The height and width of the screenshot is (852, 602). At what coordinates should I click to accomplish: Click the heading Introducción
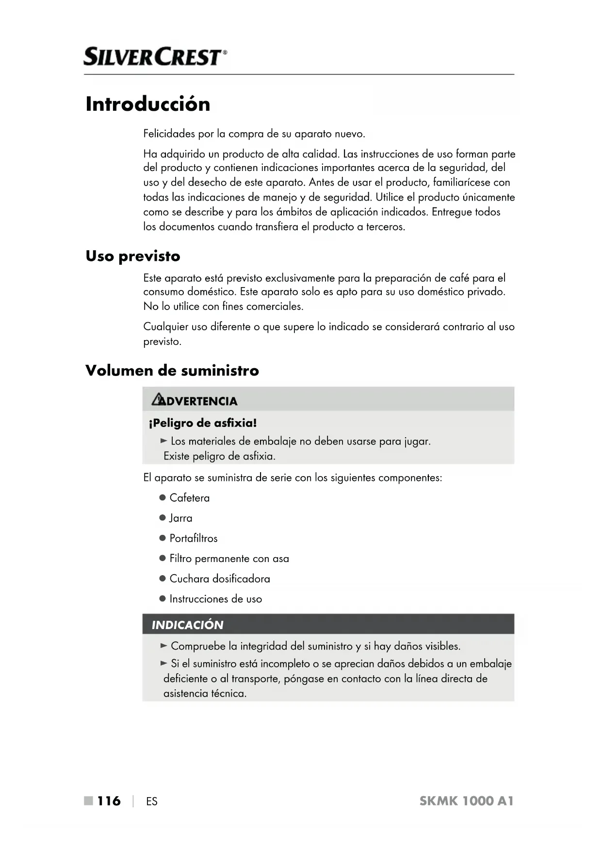pyautogui.click(x=148, y=104)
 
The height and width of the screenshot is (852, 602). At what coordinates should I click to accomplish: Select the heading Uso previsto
pyautogui.click(x=133, y=256)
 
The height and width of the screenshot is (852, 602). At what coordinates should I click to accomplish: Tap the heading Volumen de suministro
pyautogui.click(x=172, y=371)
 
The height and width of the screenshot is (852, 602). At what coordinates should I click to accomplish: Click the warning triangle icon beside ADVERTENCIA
pyautogui.click(x=158, y=400)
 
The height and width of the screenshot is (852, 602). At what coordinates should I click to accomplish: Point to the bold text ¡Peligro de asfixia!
pyautogui.click(x=203, y=423)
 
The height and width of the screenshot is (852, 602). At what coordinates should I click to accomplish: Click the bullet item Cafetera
pyautogui.click(x=189, y=498)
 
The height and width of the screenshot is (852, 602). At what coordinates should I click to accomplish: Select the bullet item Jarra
pyautogui.click(x=180, y=518)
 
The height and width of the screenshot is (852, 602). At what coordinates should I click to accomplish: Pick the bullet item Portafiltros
pyautogui.click(x=193, y=538)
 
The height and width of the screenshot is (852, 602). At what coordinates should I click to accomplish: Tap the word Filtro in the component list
pyautogui.click(x=180, y=559)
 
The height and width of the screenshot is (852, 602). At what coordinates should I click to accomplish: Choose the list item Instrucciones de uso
pyautogui.click(x=215, y=599)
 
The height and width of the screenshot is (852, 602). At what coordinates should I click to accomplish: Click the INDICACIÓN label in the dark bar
pyautogui.click(x=188, y=625)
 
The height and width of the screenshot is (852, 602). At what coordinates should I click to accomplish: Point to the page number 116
pyautogui.click(x=109, y=801)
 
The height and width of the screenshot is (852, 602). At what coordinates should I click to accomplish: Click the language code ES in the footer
pyautogui.click(x=152, y=801)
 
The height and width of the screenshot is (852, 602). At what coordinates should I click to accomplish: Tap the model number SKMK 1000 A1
pyautogui.click(x=466, y=801)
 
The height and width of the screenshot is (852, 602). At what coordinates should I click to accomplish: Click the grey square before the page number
pyautogui.click(x=88, y=801)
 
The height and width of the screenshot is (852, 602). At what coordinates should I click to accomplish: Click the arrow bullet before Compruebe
pyautogui.click(x=164, y=646)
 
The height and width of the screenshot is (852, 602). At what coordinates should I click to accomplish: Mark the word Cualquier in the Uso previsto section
pyautogui.click(x=165, y=327)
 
